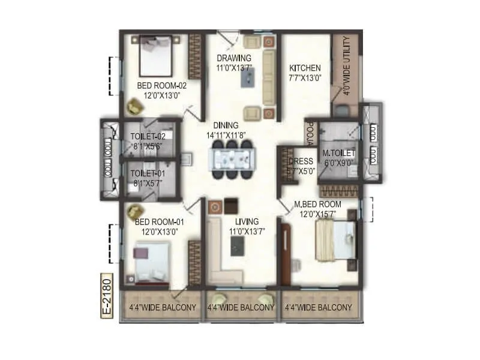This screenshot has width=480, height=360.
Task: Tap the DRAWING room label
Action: pos(233,58)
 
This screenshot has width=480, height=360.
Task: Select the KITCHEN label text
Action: pos(305,68)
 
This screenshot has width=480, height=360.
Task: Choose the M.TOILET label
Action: pos(338,154)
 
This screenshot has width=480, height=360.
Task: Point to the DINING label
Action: pos(226,125)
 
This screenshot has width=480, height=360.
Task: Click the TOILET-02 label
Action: pos(148,136)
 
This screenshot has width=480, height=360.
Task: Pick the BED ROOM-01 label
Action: pos(151,222)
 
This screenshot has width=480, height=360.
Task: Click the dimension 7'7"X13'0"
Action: pos(305,77)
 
